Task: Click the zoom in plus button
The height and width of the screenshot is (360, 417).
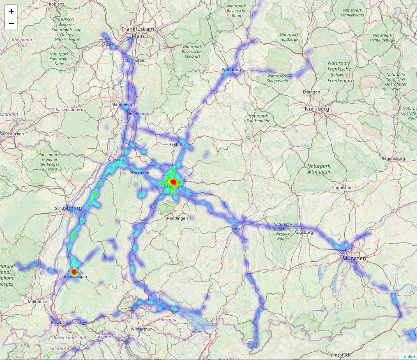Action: pyautogui.click(x=11, y=11)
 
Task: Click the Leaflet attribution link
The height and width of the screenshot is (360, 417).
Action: pyautogui.click(x=408, y=357)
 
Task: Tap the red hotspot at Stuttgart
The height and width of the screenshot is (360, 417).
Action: pyautogui.click(x=173, y=182)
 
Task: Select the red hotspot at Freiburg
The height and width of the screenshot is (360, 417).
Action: pyautogui.click(x=74, y=272)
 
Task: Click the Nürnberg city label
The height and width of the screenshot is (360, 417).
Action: pyautogui.click(x=317, y=109)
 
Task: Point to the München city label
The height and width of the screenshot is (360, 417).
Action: pyautogui.click(x=354, y=258)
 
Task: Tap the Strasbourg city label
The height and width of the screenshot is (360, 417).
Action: pyautogui.click(x=68, y=208)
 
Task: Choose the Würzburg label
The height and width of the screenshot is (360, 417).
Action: pyautogui.click(x=231, y=70)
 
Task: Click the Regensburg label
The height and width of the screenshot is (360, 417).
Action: pyautogui.click(x=393, y=158)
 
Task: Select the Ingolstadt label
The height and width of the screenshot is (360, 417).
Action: pyautogui.click(x=332, y=187)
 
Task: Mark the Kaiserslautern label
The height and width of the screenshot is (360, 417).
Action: pyautogui.click(x=70, y=110)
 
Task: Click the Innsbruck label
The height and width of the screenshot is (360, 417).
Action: pyautogui.click(x=340, y=355)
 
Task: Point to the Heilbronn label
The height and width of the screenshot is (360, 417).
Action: pyautogui.click(x=178, y=145)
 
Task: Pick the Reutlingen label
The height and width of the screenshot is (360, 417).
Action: pyautogui.click(x=177, y=218)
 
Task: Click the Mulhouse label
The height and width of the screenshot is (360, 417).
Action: pyautogui.click(x=37, y=301)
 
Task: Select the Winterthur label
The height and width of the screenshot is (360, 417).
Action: pyautogui.click(x=141, y=329)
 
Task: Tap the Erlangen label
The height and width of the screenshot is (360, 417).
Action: pyautogui.click(x=311, y=92)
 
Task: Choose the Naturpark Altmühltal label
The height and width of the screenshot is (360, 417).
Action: pyautogui.click(x=319, y=169)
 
